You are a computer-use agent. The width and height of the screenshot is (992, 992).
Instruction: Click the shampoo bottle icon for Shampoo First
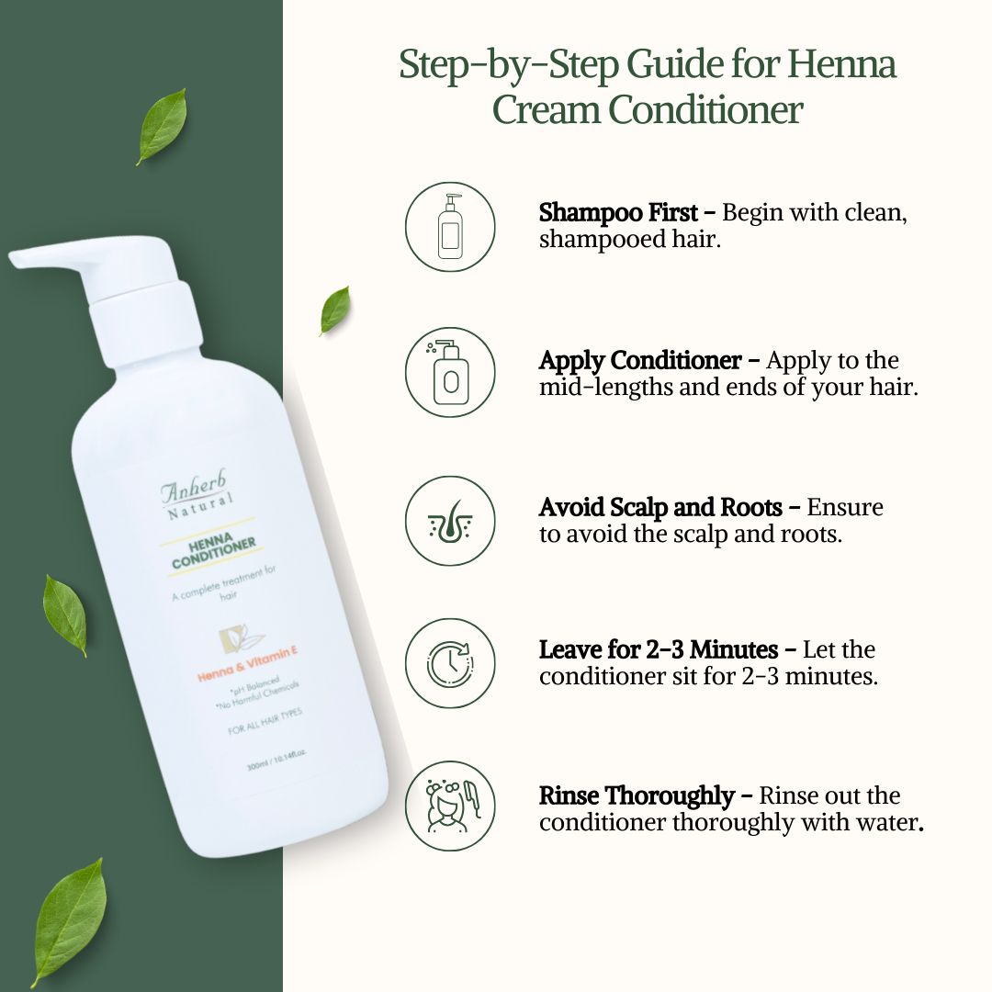click(x=450, y=227)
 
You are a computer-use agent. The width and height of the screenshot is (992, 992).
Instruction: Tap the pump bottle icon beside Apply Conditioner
click(x=450, y=373)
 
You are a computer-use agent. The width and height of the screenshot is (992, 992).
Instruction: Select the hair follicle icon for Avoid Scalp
click(x=450, y=521)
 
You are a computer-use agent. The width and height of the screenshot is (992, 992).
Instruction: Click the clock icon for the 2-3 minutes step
click(x=450, y=663)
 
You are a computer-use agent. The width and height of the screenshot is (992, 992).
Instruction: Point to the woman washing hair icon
click(x=450, y=806)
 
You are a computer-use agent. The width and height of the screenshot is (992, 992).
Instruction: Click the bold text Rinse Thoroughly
click(x=637, y=795)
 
